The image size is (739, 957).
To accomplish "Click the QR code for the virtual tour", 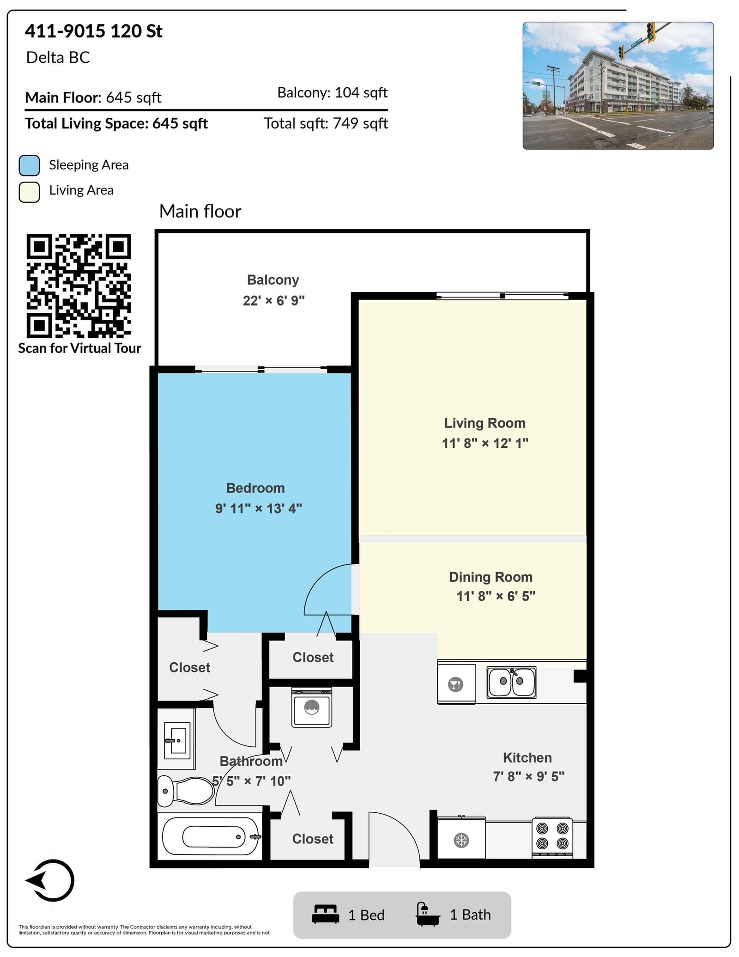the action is [x=79, y=286].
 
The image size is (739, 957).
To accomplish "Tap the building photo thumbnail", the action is [x=618, y=85].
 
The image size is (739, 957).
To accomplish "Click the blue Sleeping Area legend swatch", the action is [x=29, y=165].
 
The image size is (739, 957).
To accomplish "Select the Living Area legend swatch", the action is [x=29, y=192].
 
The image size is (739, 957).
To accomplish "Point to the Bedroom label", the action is [x=255, y=488].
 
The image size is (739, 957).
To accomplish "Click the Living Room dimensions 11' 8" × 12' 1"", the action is [x=485, y=443].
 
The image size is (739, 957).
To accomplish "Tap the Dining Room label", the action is [x=491, y=577].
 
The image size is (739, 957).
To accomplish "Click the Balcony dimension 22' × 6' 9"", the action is [x=274, y=300].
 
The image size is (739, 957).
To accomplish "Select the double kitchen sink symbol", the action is [x=511, y=682].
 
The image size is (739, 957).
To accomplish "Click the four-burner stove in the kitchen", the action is [x=552, y=837].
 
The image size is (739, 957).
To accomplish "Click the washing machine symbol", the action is [x=312, y=707].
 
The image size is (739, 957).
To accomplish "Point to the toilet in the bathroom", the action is [x=186, y=791].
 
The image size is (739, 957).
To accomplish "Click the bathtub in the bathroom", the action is [x=211, y=836].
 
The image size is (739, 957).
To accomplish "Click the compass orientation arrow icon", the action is [x=50, y=880].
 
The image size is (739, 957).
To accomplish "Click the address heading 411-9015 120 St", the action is [x=94, y=31].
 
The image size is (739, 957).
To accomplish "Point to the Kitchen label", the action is [x=527, y=757].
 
